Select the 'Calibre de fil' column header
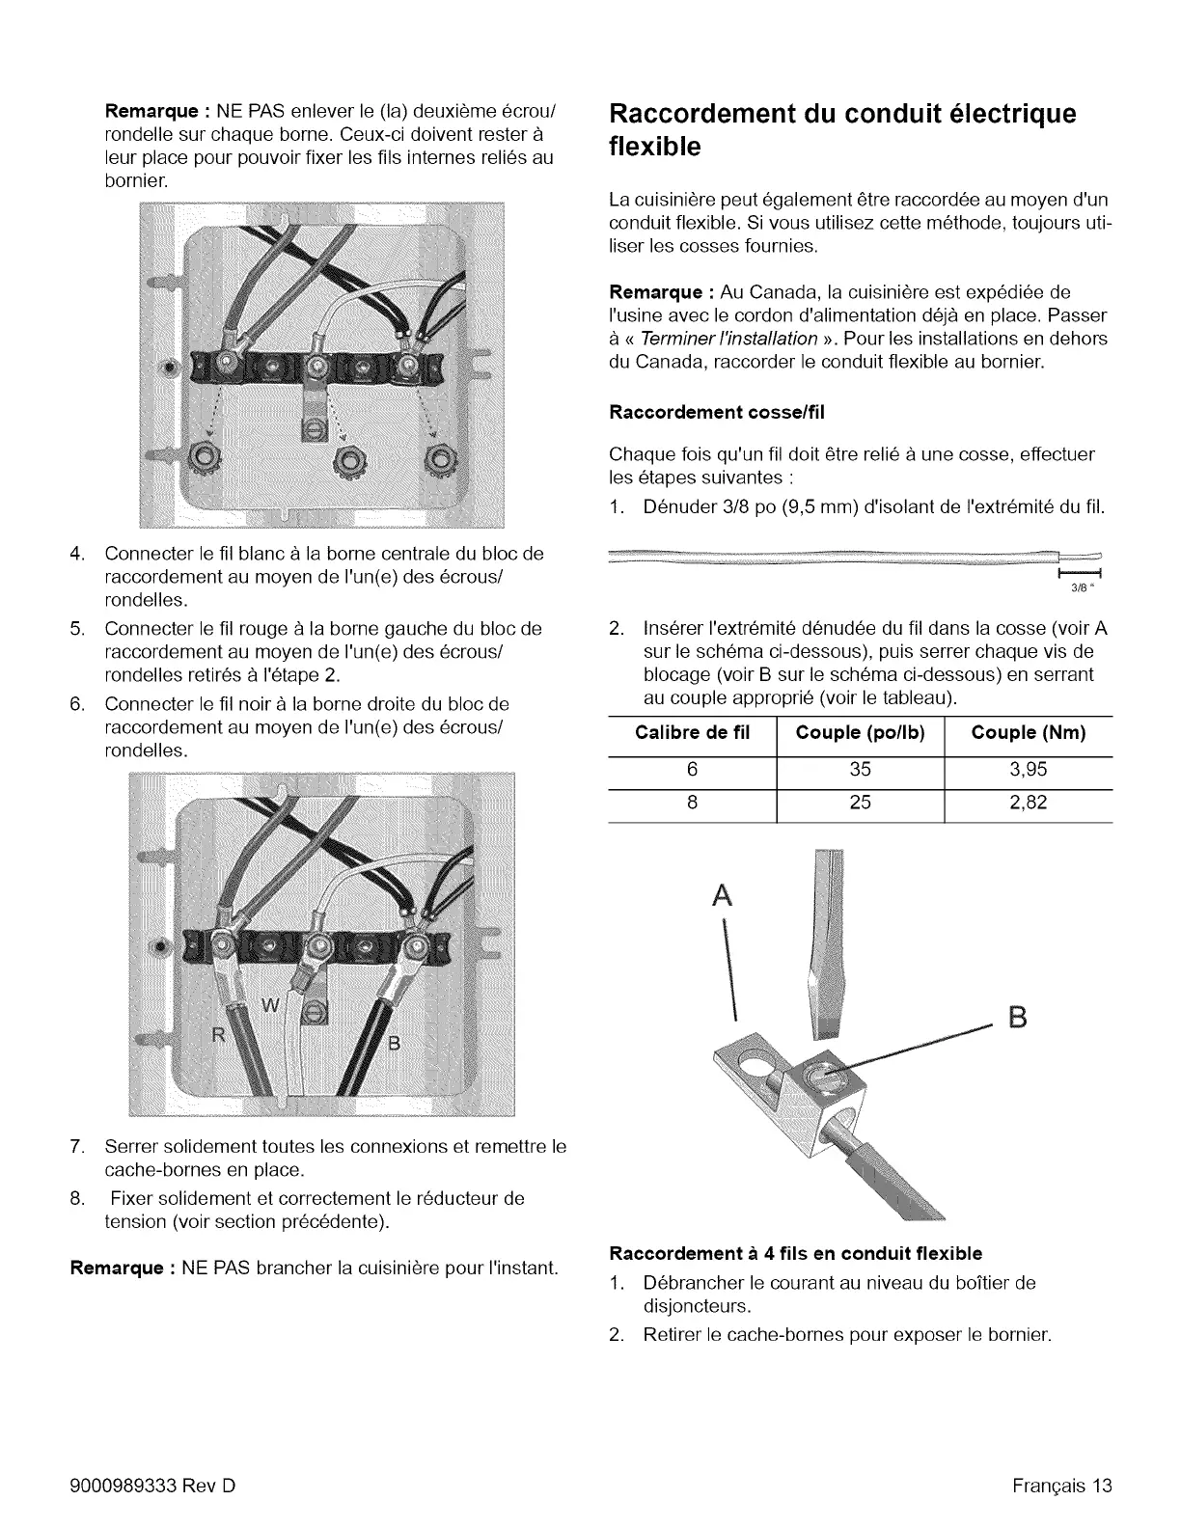pos(692,733)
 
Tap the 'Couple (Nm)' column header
pos(1028,733)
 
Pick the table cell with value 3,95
pos(1028,769)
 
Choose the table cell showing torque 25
pos(860,803)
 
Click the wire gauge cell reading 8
pos(692,803)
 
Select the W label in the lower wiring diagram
pos(272,1007)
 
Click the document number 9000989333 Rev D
pos(153,1485)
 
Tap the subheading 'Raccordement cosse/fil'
pos(717,413)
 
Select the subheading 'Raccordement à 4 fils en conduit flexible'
pos(796,1253)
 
